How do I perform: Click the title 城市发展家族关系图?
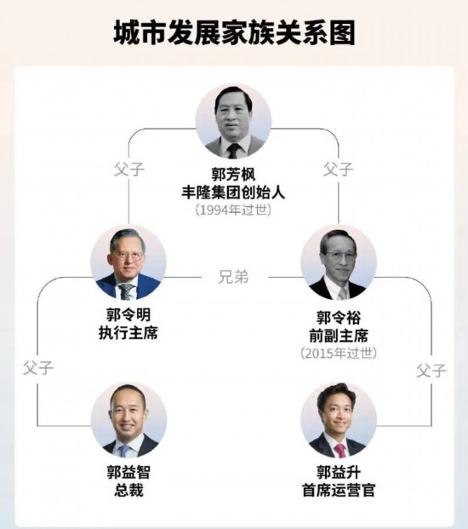click(x=234, y=33)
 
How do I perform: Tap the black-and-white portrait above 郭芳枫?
click(x=233, y=121)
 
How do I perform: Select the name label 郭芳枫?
click(x=233, y=175)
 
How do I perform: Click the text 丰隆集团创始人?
click(x=233, y=193)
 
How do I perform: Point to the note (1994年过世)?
click(x=233, y=210)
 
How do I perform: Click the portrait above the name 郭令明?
click(x=128, y=262)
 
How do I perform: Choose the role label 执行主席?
click(x=128, y=333)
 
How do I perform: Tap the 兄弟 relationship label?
click(x=233, y=277)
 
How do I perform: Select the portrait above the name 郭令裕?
click(x=339, y=262)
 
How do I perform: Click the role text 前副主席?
click(x=339, y=336)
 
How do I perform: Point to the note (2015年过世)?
click(x=339, y=353)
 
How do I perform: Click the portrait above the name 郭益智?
click(x=129, y=420)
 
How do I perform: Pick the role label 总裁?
click(x=129, y=490)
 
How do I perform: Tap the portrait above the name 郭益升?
click(x=339, y=420)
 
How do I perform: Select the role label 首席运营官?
click(x=339, y=490)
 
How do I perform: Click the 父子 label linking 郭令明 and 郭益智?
click(x=38, y=368)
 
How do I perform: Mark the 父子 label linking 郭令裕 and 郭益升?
click(x=431, y=370)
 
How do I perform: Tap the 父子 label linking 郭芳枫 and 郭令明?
click(x=129, y=169)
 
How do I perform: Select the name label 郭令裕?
click(x=339, y=318)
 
